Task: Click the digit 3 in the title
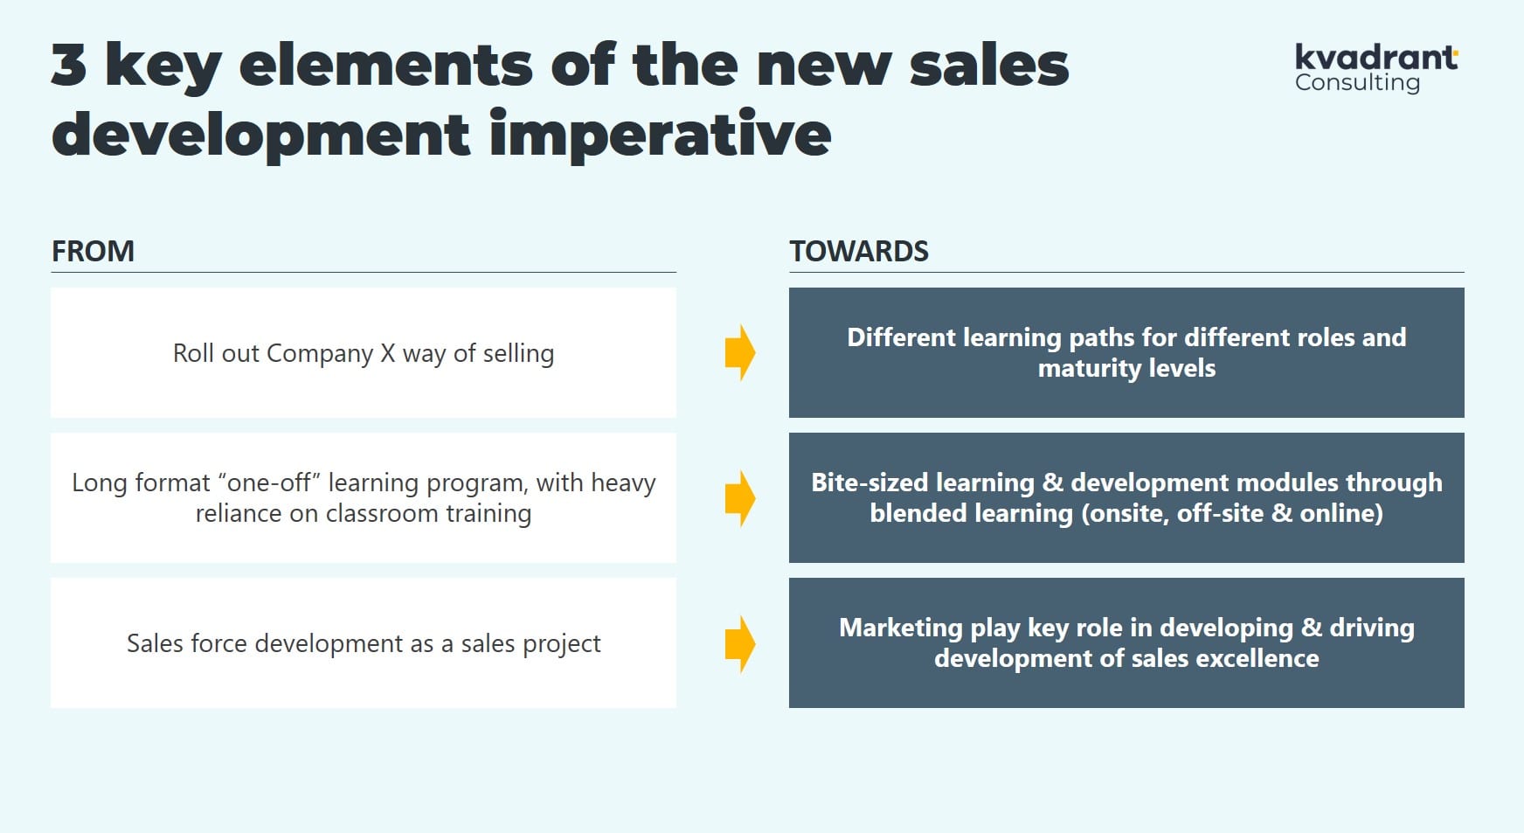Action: [69, 65]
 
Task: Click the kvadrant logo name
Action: [1376, 57]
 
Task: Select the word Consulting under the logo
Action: [1357, 83]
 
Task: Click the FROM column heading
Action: [93, 252]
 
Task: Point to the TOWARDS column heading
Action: [859, 252]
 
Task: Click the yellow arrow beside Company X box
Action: [740, 352]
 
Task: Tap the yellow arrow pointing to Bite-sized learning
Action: [740, 498]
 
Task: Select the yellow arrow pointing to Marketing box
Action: [740, 644]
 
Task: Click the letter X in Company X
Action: [388, 353]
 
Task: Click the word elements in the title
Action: [385, 66]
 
